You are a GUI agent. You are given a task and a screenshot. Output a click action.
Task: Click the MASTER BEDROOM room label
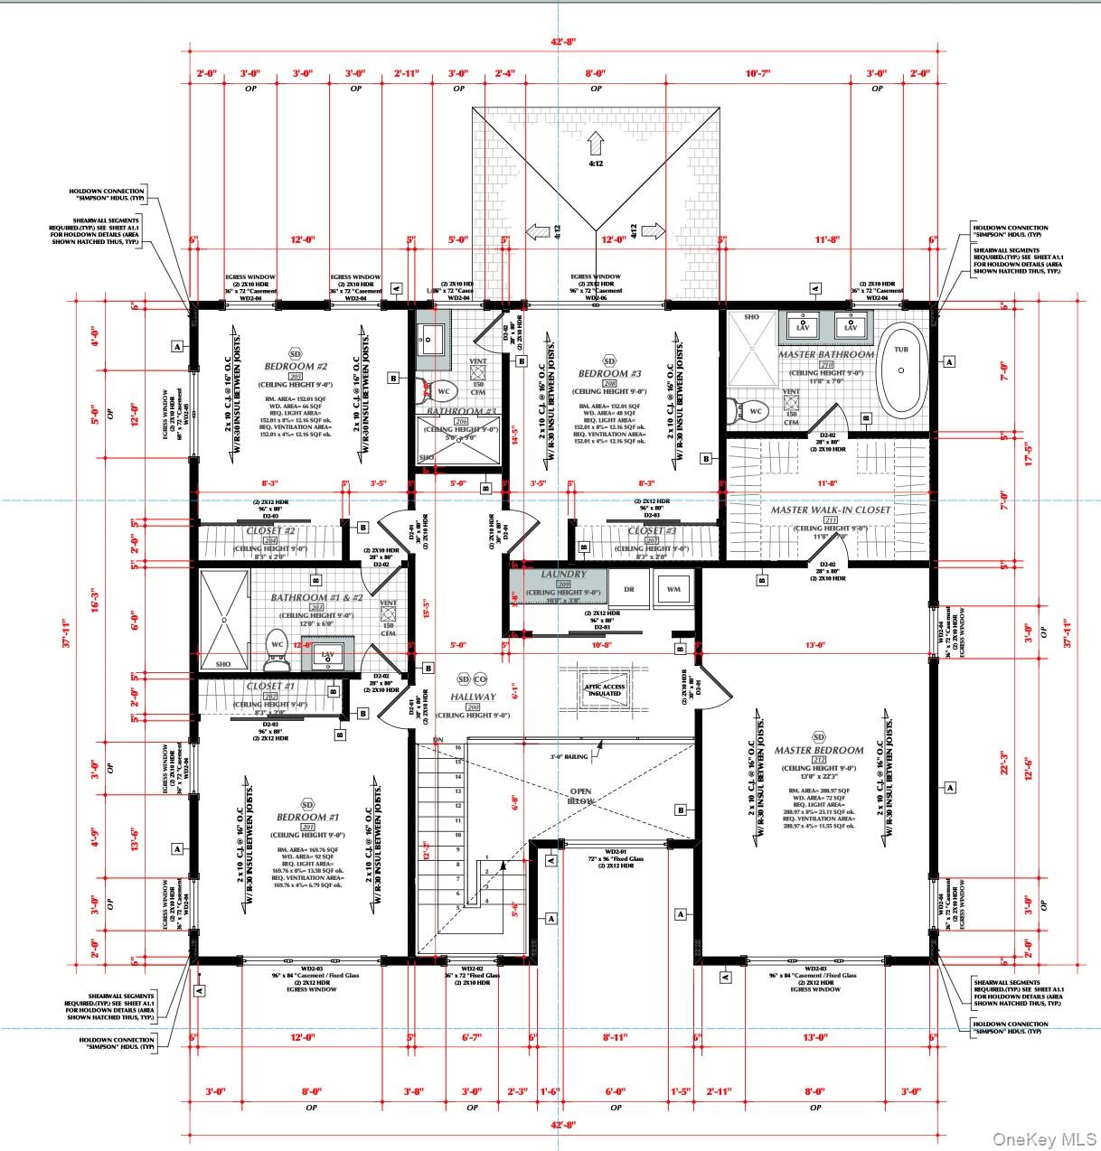click(818, 750)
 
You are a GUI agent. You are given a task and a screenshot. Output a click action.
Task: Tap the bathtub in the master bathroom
click(900, 370)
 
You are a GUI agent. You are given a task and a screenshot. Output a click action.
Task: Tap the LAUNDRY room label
click(564, 575)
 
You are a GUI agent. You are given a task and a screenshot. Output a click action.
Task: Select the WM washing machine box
click(673, 589)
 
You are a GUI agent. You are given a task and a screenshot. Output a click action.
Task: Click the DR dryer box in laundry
click(629, 589)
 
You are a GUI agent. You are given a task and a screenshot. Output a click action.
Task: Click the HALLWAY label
click(473, 697)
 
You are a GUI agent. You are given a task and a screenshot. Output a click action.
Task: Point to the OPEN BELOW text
click(580, 795)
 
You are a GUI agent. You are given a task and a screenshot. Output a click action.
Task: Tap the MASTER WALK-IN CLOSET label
click(830, 510)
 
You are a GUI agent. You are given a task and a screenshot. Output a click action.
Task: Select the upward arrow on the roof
click(595, 143)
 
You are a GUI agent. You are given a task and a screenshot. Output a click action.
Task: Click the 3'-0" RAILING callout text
click(569, 756)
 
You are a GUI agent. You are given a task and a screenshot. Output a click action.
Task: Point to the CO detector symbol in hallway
click(480, 679)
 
